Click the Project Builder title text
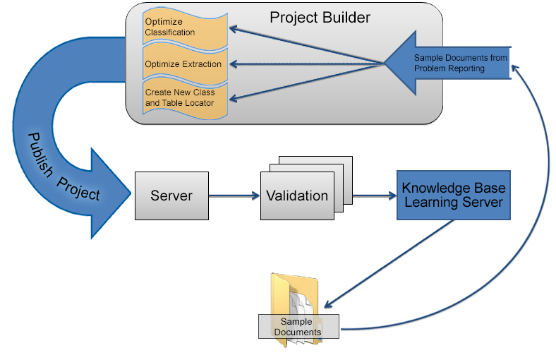[x=320, y=17]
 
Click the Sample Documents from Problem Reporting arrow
[x=452, y=64]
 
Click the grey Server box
[x=171, y=196]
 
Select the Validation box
[x=297, y=196]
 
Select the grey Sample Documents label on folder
[x=298, y=327]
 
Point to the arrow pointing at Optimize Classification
[x=303, y=46]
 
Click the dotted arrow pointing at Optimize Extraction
[x=303, y=64]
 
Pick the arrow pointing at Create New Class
[x=303, y=83]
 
